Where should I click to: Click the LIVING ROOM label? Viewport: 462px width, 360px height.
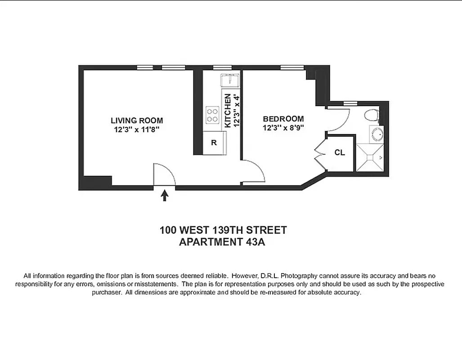[137, 121]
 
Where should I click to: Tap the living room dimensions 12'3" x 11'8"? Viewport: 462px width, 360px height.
[137, 130]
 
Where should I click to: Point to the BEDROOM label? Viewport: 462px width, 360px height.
[283, 119]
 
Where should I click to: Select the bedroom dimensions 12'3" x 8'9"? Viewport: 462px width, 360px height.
[283, 128]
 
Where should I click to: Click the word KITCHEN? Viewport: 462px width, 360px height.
[228, 111]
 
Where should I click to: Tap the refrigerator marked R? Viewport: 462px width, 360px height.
[214, 143]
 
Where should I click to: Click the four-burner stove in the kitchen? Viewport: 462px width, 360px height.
[212, 115]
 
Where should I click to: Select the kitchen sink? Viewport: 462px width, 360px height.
[230, 81]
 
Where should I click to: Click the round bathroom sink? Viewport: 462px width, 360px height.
[377, 134]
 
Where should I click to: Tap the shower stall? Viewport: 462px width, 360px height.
[370, 157]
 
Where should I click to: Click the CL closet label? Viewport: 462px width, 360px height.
[340, 153]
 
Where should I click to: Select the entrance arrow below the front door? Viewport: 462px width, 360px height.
[165, 195]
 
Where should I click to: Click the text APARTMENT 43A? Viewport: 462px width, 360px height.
[223, 242]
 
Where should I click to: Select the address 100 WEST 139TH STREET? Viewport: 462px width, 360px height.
[223, 230]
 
